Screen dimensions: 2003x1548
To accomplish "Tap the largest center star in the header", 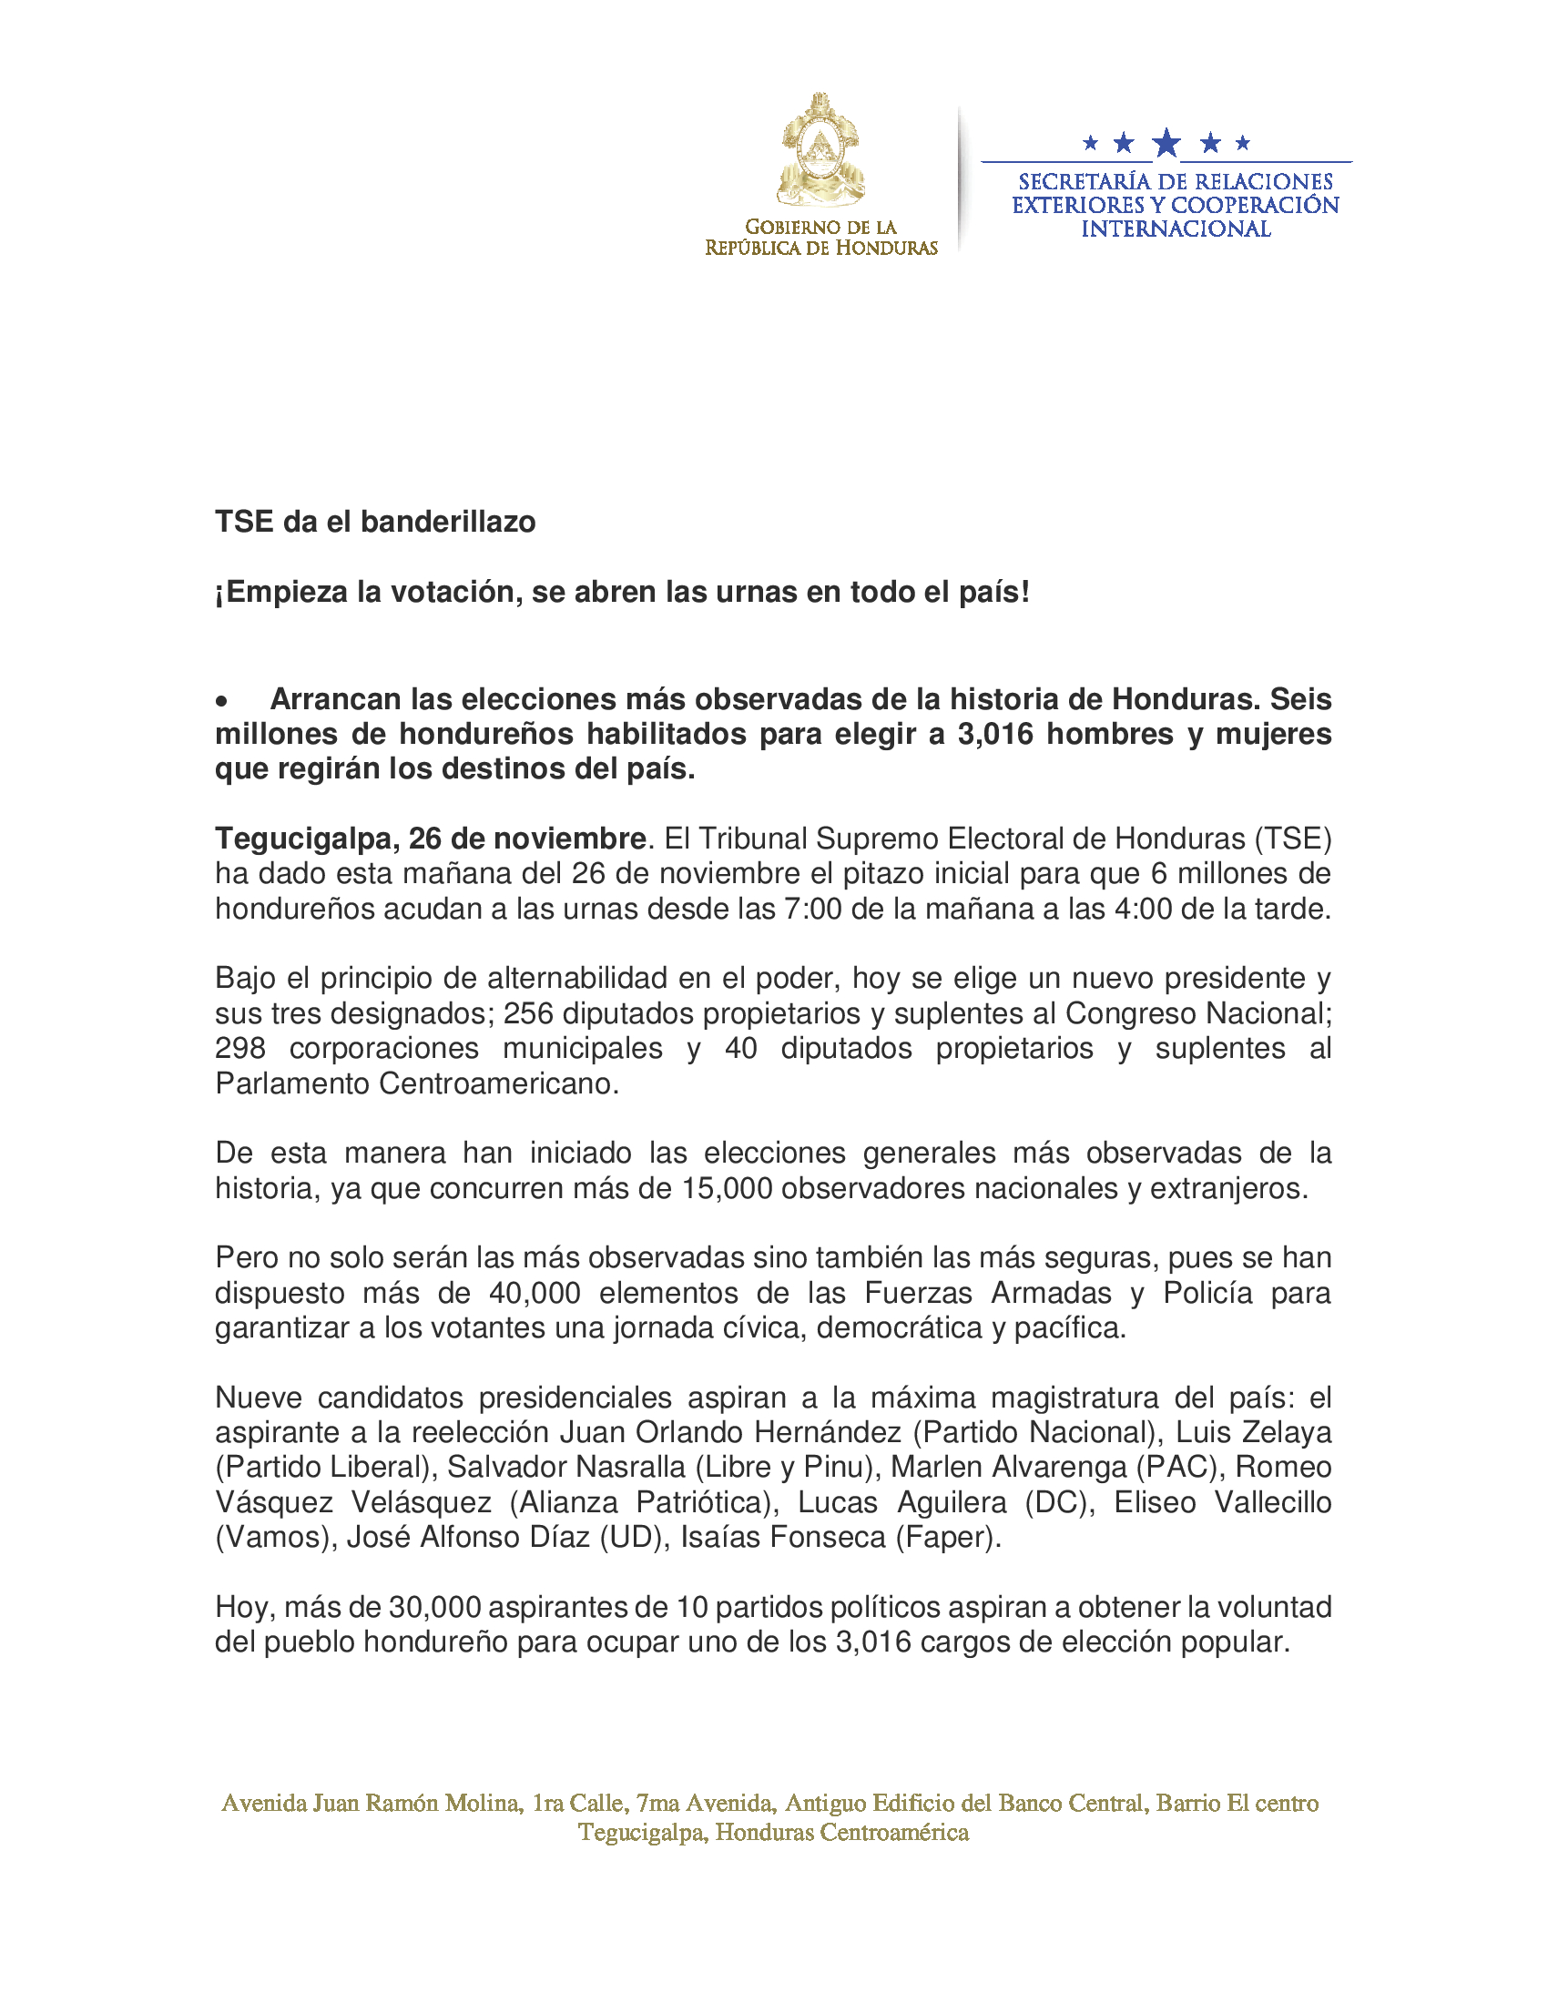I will pos(1166,143).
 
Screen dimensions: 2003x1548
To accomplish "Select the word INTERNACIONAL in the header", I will pos(1176,229).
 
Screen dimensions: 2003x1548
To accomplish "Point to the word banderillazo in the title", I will pos(447,522).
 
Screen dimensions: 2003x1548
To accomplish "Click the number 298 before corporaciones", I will pos(240,1048).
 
